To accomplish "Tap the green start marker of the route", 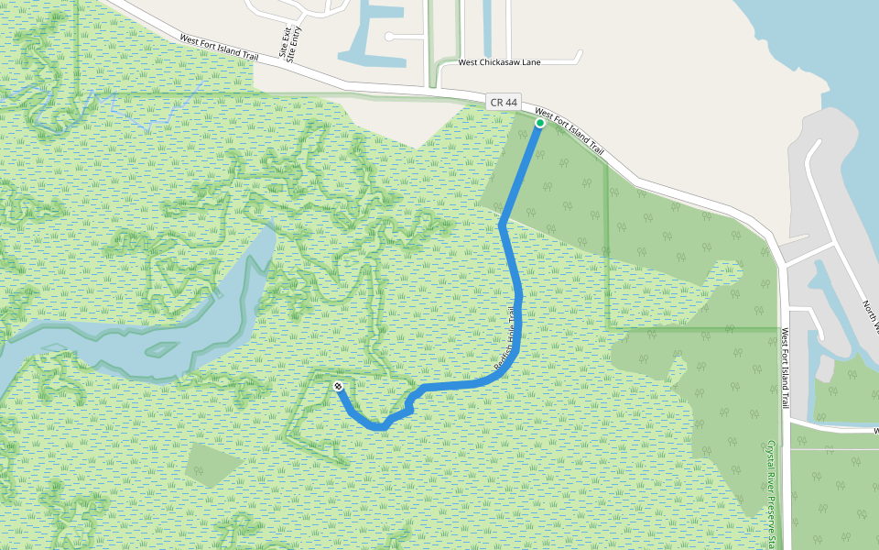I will [540, 122].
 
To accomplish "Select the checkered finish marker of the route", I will [339, 386].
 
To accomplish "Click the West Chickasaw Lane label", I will [500, 62].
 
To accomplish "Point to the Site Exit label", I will [285, 42].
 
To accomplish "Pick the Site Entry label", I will [296, 42].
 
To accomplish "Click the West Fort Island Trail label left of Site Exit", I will [219, 48].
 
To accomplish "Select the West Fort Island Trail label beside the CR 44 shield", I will [570, 130].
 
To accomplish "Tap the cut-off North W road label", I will [871, 315].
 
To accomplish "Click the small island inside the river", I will [161, 349].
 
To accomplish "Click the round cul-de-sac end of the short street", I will [389, 37].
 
